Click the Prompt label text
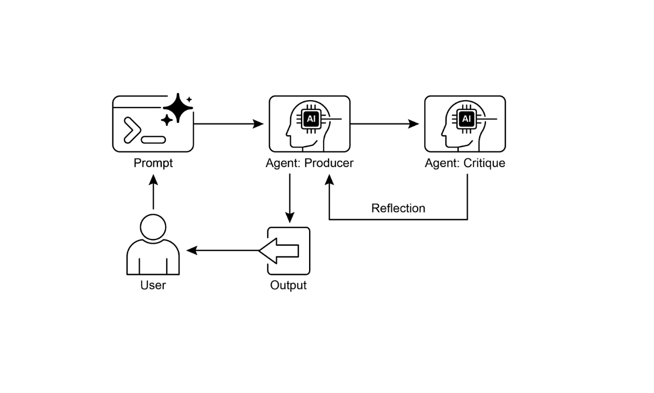tap(153, 163)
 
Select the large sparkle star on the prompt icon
tap(178, 107)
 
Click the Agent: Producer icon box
tap(310, 124)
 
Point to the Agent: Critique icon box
tap(465, 124)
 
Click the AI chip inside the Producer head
tap(311, 119)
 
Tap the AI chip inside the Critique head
tap(466, 119)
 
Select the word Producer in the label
tap(329, 163)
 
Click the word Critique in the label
tap(484, 163)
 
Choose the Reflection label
tap(398, 208)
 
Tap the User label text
tap(153, 285)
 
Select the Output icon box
tap(289, 251)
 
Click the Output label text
tap(289, 285)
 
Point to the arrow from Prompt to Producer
tap(228, 124)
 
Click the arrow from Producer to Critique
tap(384, 124)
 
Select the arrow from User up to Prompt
tap(153, 193)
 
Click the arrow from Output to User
tap(223, 250)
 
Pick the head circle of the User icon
tap(153, 227)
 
